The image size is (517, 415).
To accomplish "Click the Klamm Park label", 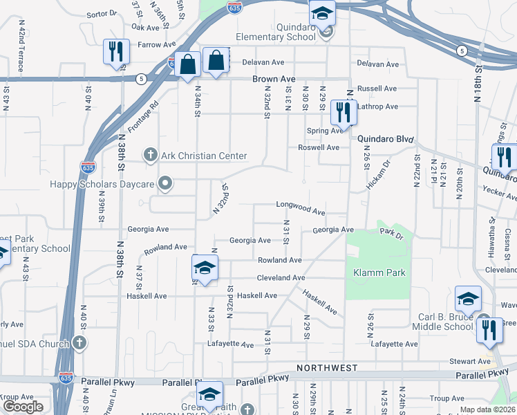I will pyautogui.click(x=379, y=273).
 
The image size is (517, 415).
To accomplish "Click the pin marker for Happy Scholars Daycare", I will pyautogui.click(x=164, y=184).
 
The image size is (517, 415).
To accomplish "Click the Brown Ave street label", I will pyautogui.click(x=274, y=80).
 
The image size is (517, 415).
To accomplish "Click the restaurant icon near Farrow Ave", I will pyautogui.click(x=115, y=51).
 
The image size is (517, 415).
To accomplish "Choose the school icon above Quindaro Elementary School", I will pyautogui.click(x=321, y=12).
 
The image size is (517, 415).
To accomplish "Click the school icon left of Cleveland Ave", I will pyautogui.click(x=205, y=268).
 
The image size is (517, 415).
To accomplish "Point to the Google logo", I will pyautogui.click(x=22, y=407).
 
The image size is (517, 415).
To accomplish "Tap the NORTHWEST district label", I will pyautogui.click(x=327, y=367).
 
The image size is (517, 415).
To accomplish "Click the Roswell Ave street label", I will pyautogui.click(x=318, y=147).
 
